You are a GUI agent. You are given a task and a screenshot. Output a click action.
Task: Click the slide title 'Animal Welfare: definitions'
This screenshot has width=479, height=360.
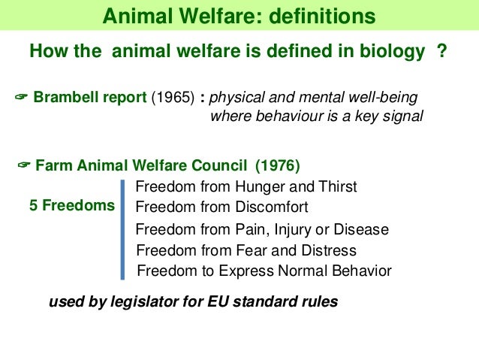click(239, 17)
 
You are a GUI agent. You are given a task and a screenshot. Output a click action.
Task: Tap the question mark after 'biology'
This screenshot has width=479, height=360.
click(442, 52)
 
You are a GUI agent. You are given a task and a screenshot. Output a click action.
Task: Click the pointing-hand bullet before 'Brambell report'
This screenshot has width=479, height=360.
click(21, 98)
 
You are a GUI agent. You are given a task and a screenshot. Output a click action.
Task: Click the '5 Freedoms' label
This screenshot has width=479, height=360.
click(72, 205)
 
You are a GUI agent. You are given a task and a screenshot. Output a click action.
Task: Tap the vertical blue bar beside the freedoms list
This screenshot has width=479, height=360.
click(122, 229)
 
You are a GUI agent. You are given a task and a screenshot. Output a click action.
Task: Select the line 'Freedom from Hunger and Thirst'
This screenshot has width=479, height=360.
click(246, 186)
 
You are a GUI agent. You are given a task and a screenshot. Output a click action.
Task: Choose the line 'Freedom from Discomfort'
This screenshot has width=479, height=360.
click(221, 207)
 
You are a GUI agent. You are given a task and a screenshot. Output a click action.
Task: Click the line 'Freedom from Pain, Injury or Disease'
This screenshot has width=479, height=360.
click(262, 229)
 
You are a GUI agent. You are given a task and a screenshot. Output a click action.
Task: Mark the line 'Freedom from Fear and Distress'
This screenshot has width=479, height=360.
click(246, 250)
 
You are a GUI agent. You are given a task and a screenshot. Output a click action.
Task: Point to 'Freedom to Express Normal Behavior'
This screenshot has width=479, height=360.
click(264, 271)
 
